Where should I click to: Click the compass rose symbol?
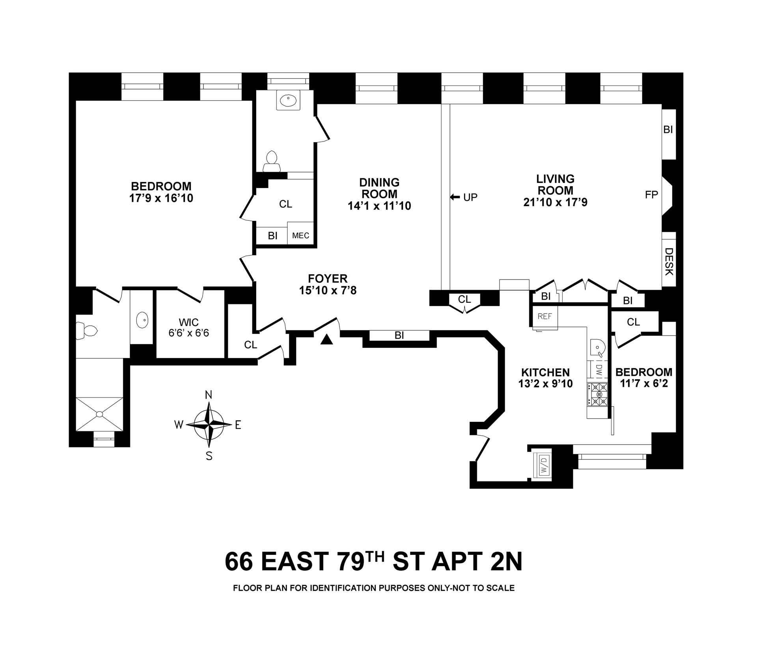pos(209,425)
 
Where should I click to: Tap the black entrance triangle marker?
pos(326,339)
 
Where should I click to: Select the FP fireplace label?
pos(651,195)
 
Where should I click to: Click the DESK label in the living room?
pos(669,261)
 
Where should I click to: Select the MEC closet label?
pos(300,236)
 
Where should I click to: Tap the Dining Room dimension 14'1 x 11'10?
pos(379,205)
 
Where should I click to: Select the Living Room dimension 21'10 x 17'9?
pos(555,202)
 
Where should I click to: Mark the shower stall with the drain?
pos(99,414)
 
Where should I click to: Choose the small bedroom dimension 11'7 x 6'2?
pos(644,383)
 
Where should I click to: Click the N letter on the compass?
pos(209,395)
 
